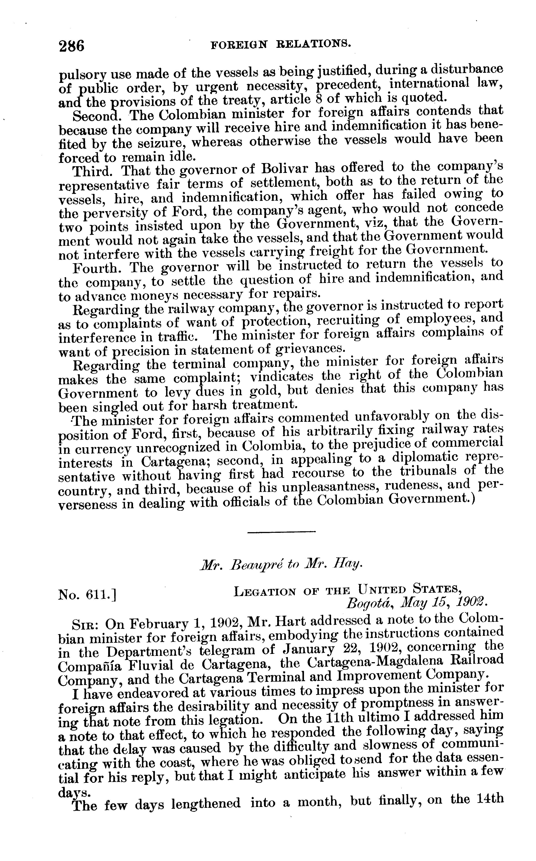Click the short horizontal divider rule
(281, 531)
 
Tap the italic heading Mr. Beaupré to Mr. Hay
(281, 565)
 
